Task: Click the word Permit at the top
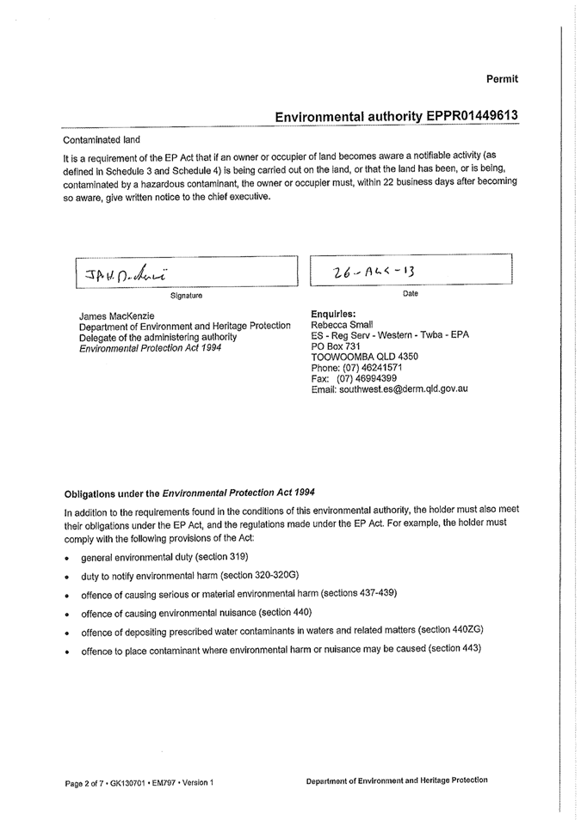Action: tap(502, 79)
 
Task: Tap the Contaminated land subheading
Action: tap(102, 139)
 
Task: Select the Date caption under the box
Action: tap(410, 294)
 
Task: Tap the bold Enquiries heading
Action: tap(332, 314)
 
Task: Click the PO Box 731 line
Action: tap(335, 346)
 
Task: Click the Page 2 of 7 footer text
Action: tap(90, 782)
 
